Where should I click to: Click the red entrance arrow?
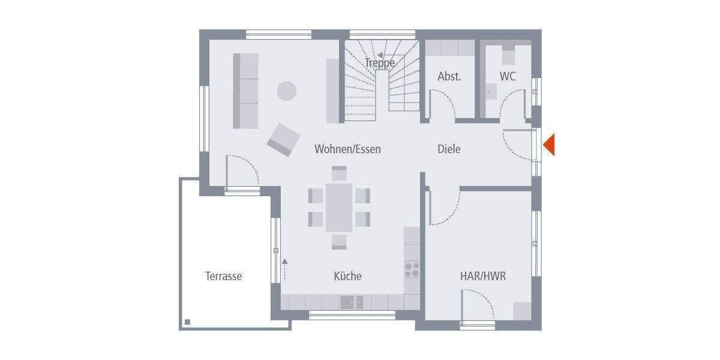pos(549,145)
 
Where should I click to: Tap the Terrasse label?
pos(224,276)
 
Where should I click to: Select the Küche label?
pos(347,276)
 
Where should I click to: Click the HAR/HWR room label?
pos(483,276)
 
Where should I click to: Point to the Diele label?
pos(449,149)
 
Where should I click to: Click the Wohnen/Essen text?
pos(347,149)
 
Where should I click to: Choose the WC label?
pos(508,76)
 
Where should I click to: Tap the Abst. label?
pos(449,76)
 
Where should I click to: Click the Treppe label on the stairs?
pos(380,62)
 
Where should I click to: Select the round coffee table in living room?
pos(287,91)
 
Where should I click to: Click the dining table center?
pos(339,207)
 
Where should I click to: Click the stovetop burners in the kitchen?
pos(412,269)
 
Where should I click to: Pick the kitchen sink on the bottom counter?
pos(352,302)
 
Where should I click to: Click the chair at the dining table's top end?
pos(340,173)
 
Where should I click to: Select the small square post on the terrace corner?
pos(187,322)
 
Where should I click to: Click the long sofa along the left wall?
pos(245,91)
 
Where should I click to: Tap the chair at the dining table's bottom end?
pos(340,241)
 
